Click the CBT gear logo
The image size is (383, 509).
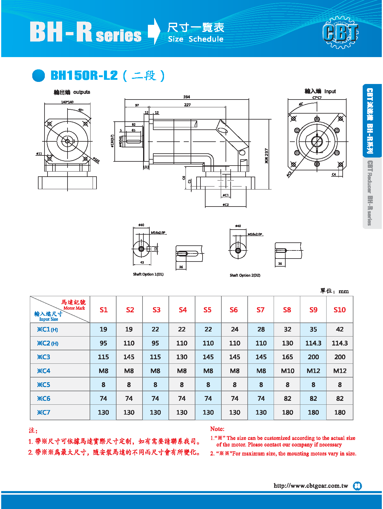click(x=341, y=32)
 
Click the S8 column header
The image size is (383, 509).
click(x=287, y=310)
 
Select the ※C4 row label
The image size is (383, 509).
click(x=44, y=371)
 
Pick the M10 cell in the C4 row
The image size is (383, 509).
click(x=287, y=371)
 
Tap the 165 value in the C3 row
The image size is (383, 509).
click(x=287, y=357)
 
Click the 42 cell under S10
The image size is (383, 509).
click(x=340, y=329)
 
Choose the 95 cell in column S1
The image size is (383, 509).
click(x=103, y=343)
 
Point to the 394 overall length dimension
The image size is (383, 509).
click(x=186, y=97)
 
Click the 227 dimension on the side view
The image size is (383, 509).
click(x=187, y=105)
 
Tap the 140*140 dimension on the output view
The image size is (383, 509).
click(x=67, y=102)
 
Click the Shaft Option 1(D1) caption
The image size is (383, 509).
click(x=148, y=274)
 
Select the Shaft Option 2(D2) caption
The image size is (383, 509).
click(x=245, y=275)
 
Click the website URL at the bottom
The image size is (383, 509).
click(x=311, y=486)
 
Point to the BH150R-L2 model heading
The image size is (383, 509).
click(x=84, y=75)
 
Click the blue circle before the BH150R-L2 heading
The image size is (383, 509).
click(x=39, y=75)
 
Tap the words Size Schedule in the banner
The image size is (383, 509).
click(x=196, y=39)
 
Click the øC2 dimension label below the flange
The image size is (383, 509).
click(x=226, y=205)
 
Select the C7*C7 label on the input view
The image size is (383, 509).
click(x=317, y=97)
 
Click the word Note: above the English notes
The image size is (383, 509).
click(x=217, y=429)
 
